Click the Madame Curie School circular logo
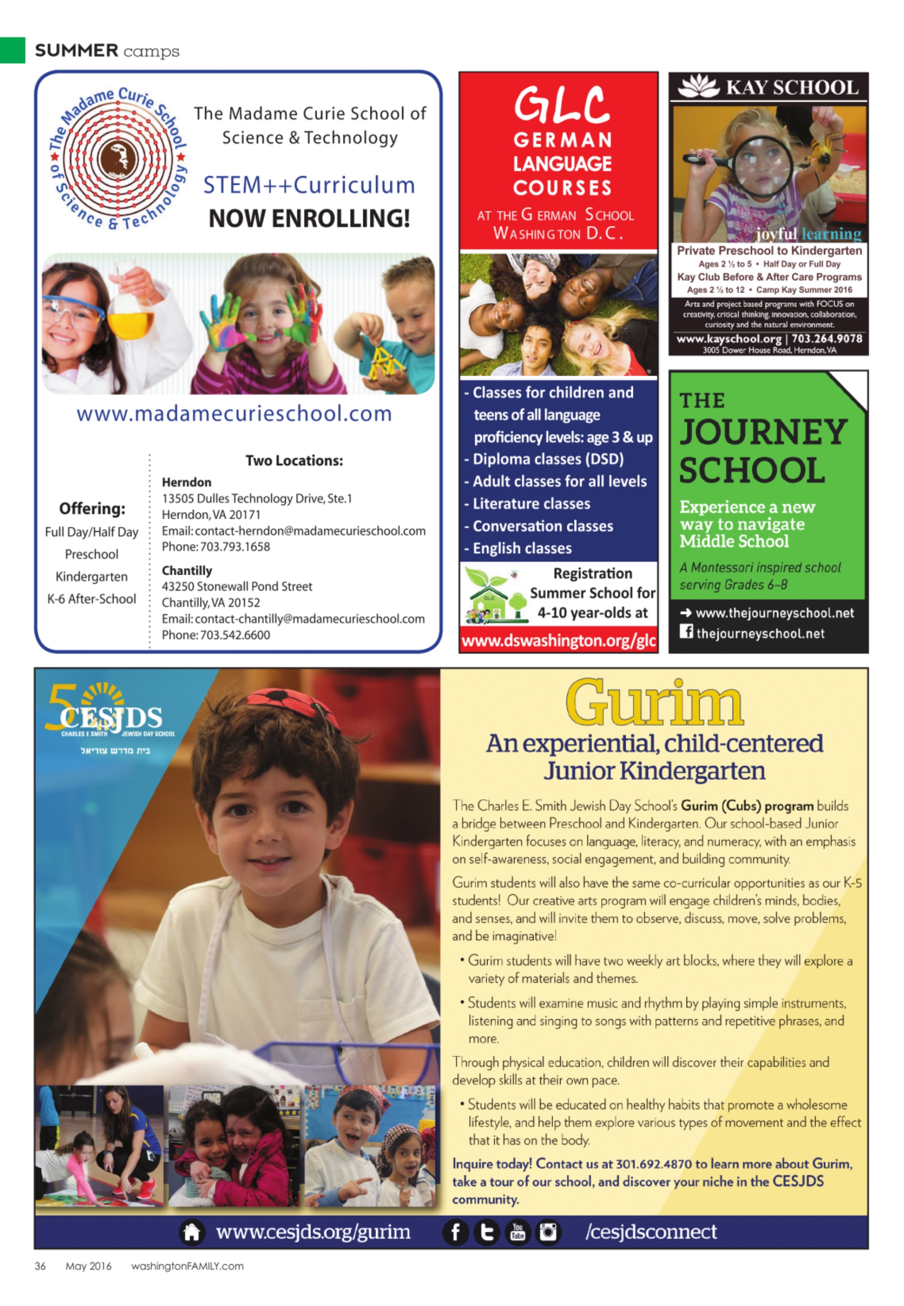tap(118, 158)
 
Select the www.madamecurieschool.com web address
tap(234, 414)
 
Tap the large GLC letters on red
tap(561, 105)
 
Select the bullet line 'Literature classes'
tap(531, 504)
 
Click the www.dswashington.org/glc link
tap(558, 641)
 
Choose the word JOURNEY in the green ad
tap(763, 432)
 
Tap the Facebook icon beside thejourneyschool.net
tap(686, 631)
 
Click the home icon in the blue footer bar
tap(191, 1232)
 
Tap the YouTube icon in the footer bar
tap(517, 1232)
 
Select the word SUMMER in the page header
tap(76, 51)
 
